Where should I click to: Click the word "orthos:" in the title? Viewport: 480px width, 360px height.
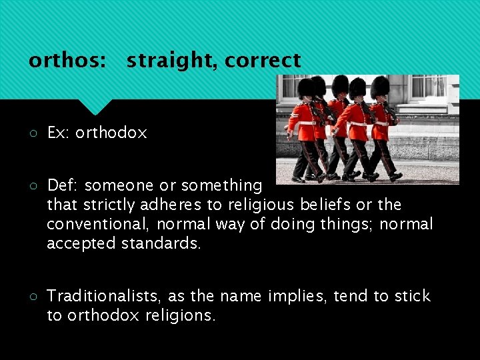pyautogui.click(x=67, y=61)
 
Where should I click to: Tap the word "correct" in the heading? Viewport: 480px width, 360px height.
pyautogui.click(x=263, y=61)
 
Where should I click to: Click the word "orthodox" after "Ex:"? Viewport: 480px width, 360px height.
pyautogui.click(x=111, y=133)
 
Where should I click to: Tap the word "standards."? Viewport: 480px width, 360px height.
pyautogui.click(x=160, y=244)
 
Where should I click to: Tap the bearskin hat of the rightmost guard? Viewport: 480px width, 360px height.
pyautogui.click(x=380, y=87)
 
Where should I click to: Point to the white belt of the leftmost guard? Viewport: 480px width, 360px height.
pyautogui.click(x=307, y=123)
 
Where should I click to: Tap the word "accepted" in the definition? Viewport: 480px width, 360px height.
pyautogui.click(x=81, y=244)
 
